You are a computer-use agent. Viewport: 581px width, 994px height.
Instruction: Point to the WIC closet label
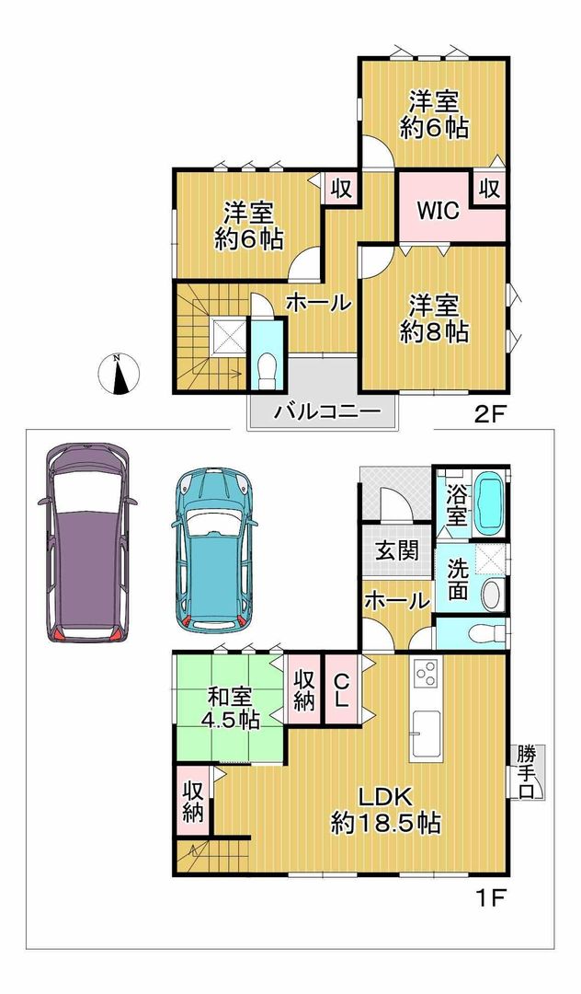tap(439, 209)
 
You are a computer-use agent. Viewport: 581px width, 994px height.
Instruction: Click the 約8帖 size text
tap(434, 332)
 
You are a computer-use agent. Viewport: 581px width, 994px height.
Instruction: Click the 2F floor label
tap(489, 413)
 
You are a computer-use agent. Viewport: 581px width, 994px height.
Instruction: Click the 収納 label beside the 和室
tap(304, 689)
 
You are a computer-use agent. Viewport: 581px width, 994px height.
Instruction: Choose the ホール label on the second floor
tap(317, 302)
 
